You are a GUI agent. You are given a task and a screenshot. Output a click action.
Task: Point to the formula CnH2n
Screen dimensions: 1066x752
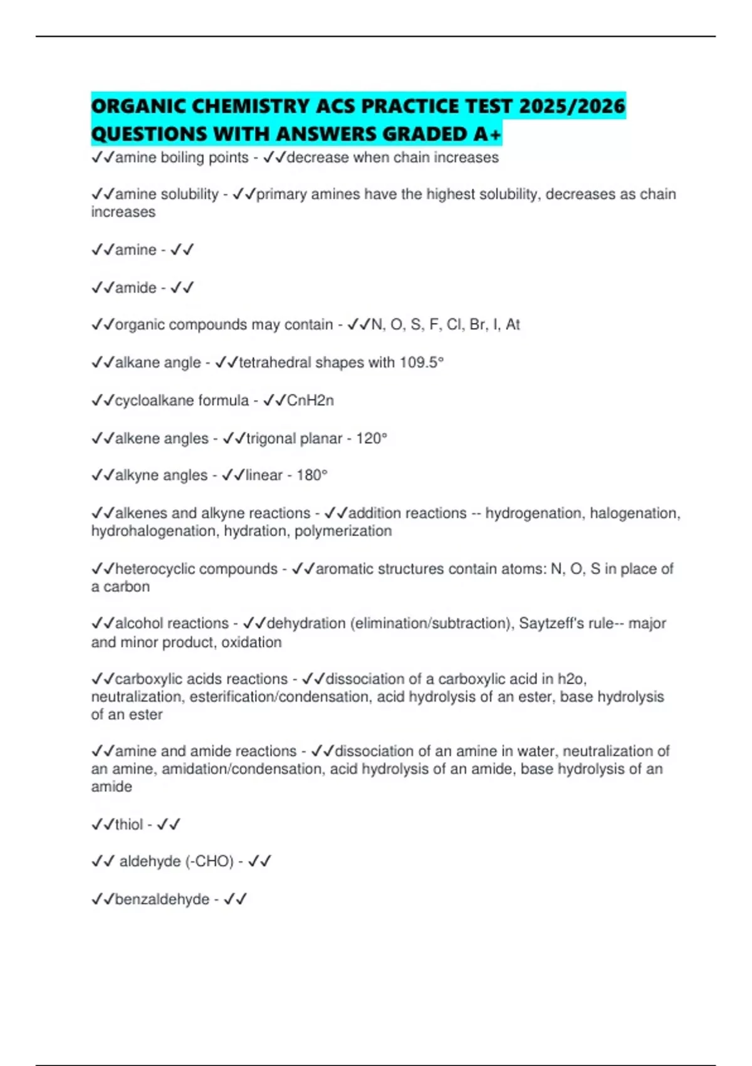point(310,400)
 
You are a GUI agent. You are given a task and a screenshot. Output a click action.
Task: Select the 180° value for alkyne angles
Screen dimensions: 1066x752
point(312,475)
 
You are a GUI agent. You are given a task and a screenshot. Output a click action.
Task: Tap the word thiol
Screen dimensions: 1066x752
point(129,825)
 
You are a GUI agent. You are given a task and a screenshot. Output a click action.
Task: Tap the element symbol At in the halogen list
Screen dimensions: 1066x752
point(513,325)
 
